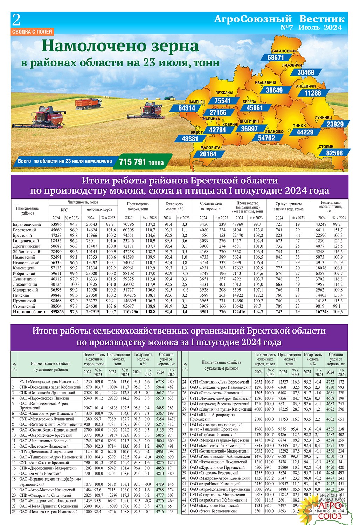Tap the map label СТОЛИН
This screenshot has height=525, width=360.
(x=326, y=147)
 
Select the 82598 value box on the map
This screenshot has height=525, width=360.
(x=334, y=153)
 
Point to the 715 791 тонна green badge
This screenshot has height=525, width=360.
(x=141, y=162)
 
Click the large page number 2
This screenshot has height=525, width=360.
(x=16, y=21)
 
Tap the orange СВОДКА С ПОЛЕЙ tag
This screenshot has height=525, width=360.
(x=32, y=31)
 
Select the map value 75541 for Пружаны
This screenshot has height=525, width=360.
(x=222, y=101)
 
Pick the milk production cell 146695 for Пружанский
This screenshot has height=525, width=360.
(x=130, y=301)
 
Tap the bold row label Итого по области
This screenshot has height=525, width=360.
(x=29, y=311)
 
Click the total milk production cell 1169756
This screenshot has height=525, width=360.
(x=130, y=311)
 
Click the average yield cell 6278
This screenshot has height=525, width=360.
(x=160, y=381)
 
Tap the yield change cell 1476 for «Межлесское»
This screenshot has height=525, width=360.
(x=171, y=419)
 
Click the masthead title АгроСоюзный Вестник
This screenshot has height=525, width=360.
(x=279, y=19)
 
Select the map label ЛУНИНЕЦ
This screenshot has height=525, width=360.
(x=323, y=118)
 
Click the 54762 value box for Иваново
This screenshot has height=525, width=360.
(x=266, y=138)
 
